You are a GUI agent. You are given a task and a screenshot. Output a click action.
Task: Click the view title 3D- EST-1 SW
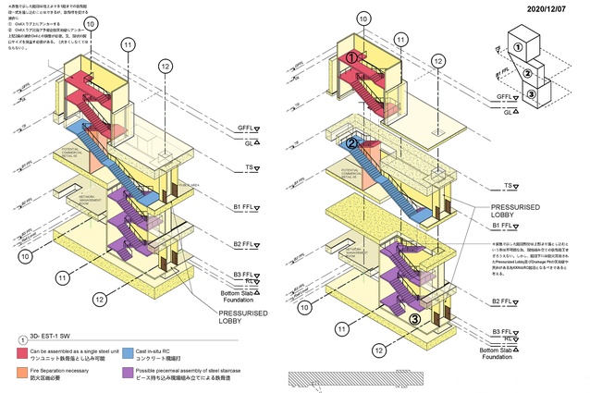[51, 338]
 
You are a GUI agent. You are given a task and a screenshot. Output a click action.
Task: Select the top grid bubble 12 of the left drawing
[165, 66]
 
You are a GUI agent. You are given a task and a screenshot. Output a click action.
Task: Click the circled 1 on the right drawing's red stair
[352, 58]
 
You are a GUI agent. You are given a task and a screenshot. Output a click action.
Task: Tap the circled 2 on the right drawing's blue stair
[352, 143]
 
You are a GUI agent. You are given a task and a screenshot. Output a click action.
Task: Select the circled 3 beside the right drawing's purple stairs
[415, 320]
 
